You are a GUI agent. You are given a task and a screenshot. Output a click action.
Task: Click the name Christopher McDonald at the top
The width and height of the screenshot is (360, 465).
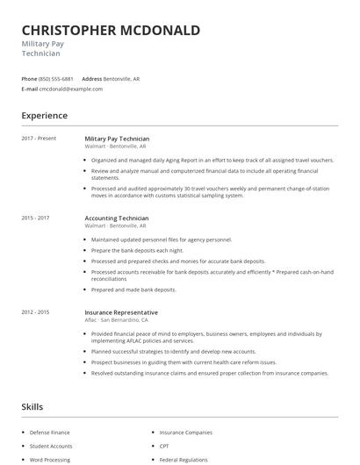tap(111, 31)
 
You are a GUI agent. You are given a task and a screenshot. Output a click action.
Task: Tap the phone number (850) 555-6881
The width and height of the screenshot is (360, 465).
tap(56, 79)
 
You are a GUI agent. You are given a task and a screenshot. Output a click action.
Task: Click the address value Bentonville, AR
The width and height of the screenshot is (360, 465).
tap(122, 79)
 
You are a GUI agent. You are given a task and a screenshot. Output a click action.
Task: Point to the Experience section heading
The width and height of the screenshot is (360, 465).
tap(44, 115)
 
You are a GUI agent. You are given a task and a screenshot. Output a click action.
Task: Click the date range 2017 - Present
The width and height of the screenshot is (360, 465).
tap(39, 139)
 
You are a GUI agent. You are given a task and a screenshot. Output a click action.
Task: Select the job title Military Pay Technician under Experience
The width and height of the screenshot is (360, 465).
tap(117, 139)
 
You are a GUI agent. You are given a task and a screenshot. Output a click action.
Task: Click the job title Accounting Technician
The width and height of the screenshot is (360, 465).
tap(117, 218)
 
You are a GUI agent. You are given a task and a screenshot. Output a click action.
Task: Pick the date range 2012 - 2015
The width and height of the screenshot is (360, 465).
tap(35, 312)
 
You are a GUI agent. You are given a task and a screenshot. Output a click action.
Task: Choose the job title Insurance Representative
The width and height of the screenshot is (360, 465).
tap(121, 312)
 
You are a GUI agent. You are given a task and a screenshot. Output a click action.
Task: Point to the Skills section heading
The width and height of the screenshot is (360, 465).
tap(32, 407)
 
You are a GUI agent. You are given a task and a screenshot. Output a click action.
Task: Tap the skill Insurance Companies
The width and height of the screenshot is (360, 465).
tap(185, 433)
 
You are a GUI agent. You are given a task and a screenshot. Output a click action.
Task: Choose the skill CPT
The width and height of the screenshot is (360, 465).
tap(164, 446)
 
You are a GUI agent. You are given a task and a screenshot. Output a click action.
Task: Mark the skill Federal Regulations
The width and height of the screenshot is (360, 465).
tap(184, 459)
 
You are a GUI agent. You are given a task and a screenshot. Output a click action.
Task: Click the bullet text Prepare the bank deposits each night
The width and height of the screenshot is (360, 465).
tap(136, 250)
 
